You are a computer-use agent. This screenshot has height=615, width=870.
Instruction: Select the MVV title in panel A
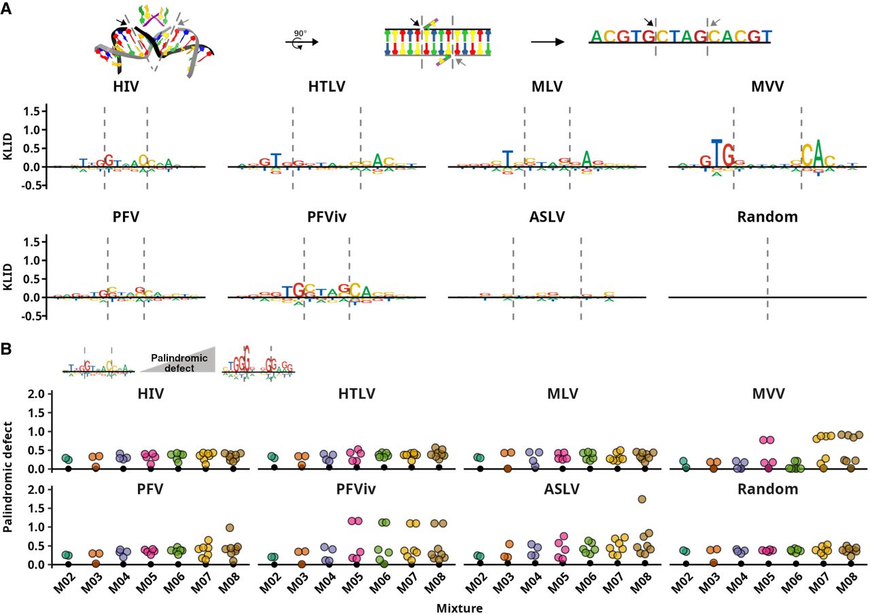tap(767, 87)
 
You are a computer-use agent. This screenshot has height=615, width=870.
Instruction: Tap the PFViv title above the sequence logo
tap(326, 218)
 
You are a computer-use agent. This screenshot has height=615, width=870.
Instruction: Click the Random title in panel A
tap(767, 218)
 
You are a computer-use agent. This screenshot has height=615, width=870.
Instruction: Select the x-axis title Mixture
tap(459, 608)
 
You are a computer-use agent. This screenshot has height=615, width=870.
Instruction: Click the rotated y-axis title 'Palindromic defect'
tap(10, 475)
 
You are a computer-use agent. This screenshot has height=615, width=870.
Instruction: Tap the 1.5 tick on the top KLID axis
tap(33, 111)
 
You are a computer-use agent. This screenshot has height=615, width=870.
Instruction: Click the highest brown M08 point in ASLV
tap(642, 499)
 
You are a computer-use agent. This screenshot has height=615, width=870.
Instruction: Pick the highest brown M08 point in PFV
tap(230, 527)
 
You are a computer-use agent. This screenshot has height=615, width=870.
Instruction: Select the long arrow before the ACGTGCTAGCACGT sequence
tap(547, 41)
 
